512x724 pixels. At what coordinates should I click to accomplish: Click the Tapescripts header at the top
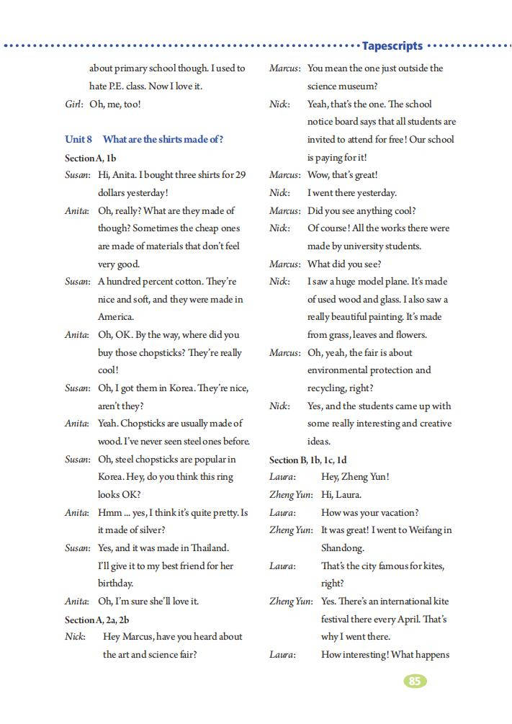(x=392, y=45)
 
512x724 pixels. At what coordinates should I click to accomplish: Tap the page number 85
(x=414, y=681)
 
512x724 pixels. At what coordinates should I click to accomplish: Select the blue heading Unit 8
(x=78, y=139)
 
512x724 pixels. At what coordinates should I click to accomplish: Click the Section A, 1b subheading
(x=91, y=157)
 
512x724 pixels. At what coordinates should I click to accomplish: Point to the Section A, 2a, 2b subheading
(x=97, y=619)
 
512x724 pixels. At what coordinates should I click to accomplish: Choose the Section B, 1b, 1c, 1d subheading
(x=312, y=460)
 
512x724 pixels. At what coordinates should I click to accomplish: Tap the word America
(x=116, y=317)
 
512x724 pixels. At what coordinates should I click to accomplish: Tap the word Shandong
(x=343, y=548)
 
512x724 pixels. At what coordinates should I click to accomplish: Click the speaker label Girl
(x=74, y=104)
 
